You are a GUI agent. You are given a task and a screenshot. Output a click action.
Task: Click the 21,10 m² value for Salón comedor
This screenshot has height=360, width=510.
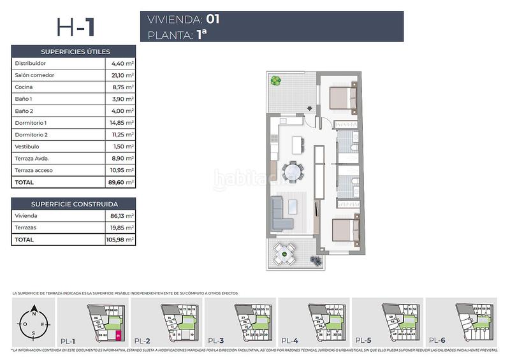coord(120,75)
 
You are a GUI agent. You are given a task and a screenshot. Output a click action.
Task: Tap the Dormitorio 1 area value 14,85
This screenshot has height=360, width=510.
coord(120,123)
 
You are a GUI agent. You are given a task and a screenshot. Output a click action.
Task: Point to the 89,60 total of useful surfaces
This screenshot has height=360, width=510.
coord(120,182)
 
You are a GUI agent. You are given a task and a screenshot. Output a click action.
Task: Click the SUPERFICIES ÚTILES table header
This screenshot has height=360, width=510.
coord(74,52)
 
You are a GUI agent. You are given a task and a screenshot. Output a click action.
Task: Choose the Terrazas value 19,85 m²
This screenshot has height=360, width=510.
coord(120,227)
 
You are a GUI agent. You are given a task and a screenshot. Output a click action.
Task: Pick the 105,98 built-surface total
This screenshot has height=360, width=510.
coord(120,240)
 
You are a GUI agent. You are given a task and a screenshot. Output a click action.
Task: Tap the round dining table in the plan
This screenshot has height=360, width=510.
coord(293,172)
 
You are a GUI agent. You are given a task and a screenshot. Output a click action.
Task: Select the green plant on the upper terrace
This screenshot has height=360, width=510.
coord(275,81)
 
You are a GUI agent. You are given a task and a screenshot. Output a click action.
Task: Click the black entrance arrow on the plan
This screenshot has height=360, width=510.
coord(310,109)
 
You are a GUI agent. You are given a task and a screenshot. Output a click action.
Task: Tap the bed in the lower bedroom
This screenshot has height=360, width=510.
coord(343,230)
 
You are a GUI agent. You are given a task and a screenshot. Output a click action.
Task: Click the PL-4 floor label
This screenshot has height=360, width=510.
coord(290,340)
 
